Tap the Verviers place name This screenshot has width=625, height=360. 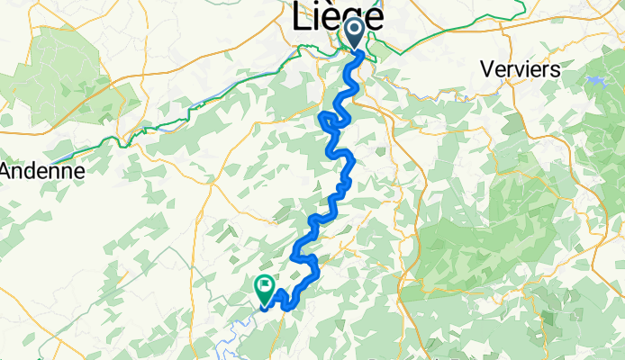[521, 68]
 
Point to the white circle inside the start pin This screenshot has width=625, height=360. [354, 29]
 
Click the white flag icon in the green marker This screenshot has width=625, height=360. [265, 287]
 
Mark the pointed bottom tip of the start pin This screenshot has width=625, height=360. [354, 49]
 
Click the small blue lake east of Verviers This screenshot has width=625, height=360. [595, 80]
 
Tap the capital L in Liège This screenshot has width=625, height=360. [301, 16]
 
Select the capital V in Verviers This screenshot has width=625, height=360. [488, 68]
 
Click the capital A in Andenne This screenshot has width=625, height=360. [8, 170]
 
